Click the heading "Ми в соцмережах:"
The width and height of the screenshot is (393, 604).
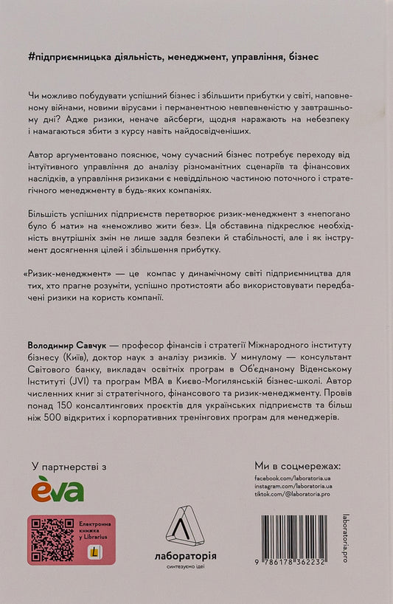297,466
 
